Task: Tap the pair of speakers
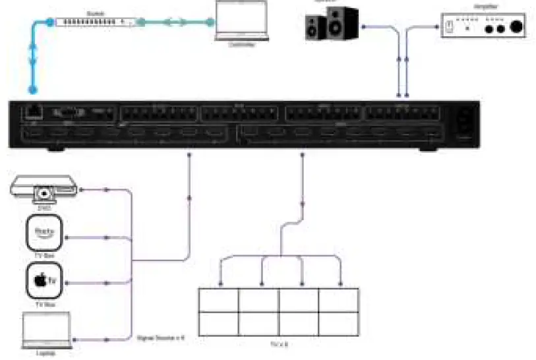[332, 22]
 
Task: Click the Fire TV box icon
[44, 233]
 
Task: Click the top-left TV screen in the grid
[219, 300]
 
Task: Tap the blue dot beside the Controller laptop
[210, 23]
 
